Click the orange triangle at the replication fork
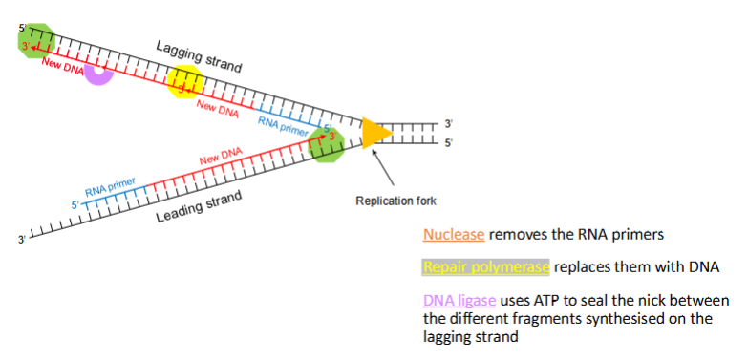pyautogui.click(x=374, y=135)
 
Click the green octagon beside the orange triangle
pyautogui.click(x=329, y=146)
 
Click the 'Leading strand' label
pyautogui.click(x=199, y=206)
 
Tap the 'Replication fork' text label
pyautogui.click(x=395, y=201)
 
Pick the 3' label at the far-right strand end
pyautogui.click(x=449, y=124)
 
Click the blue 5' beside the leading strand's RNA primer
pyautogui.click(x=74, y=204)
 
